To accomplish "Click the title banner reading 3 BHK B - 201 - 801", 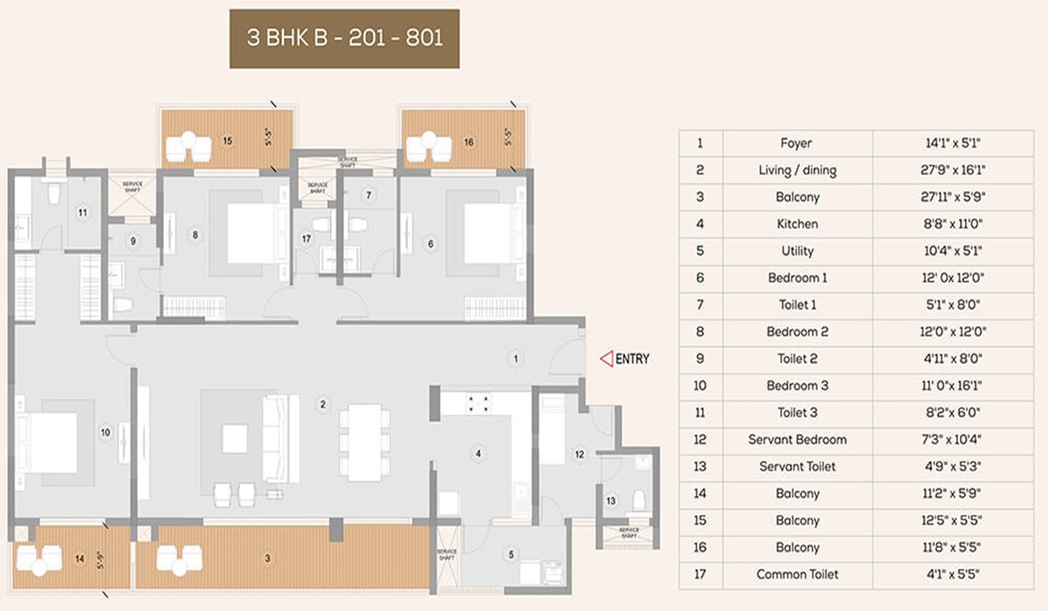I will (344, 39).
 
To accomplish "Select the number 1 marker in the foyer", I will (516, 358).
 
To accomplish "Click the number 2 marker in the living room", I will (322, 403).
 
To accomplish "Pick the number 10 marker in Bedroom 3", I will (105, 431).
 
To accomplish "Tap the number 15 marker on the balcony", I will (227, 140).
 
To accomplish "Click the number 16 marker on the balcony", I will (469, 140).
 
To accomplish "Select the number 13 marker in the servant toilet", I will (610, 500).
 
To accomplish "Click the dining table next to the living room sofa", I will (362, 443).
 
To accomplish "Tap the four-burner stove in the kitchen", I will (478, 403).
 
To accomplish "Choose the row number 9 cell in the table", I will (700, 359).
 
